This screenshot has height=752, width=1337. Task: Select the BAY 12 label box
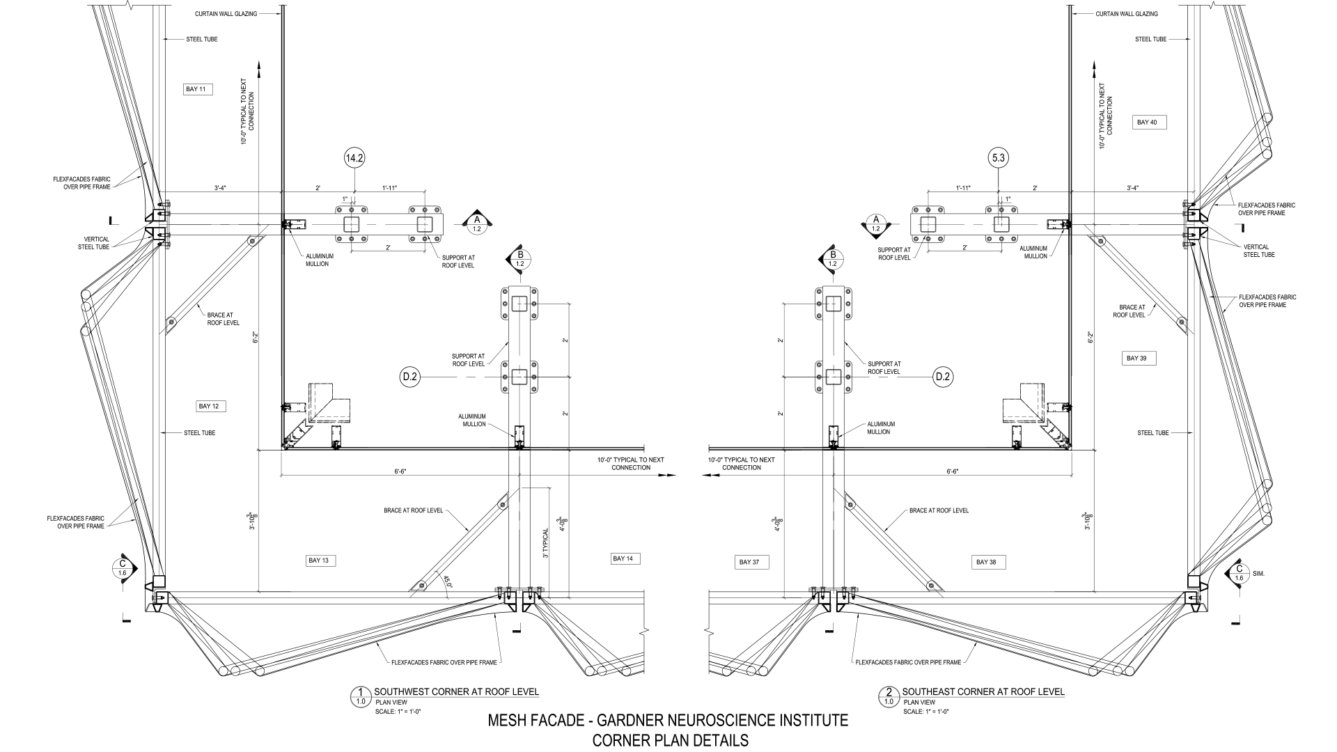coord(212,406)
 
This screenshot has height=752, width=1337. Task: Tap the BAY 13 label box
coord(322,561)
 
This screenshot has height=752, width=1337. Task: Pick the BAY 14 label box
coord(625,558)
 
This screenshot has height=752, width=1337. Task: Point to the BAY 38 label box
coord(987,562)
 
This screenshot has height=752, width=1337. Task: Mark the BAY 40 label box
coord(1147,123)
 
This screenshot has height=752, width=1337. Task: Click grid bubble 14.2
coord(354,159)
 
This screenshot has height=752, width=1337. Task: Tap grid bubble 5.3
coord(998,159)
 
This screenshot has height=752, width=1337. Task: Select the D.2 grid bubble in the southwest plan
coord(409,377)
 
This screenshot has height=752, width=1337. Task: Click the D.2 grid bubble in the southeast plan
coord(943,377)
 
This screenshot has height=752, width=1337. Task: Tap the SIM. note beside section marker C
coord(1258,574)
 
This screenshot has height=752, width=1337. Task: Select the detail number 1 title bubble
coord(360,696)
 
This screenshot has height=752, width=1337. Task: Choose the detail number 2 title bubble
coord(889,696)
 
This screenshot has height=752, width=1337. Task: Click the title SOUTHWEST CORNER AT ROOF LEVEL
coord(456,691)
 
